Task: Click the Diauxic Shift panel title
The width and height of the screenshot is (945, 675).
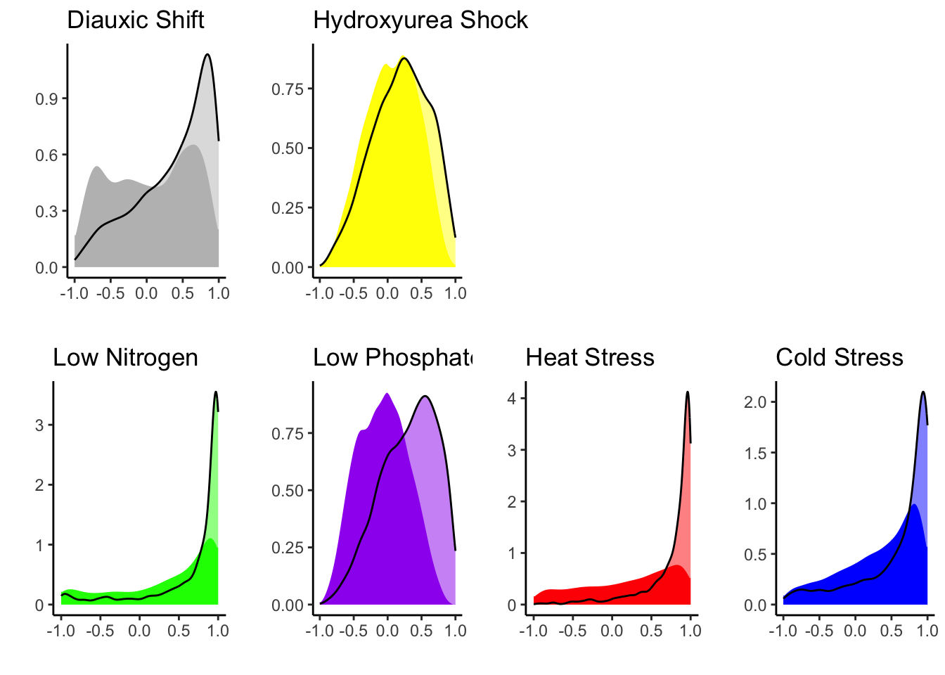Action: tap(136, 20)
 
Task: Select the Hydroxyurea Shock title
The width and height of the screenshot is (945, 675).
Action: tap(420, 20)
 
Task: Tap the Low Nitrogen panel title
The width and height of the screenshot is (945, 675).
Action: tap(125, 358)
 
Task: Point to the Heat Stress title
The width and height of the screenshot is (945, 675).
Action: tap(590, 358)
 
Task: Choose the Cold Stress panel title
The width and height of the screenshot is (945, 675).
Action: tap(839, 358)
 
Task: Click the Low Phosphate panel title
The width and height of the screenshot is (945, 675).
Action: tap(392, 358)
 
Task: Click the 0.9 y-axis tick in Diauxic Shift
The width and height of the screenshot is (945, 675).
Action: tap(46, 99)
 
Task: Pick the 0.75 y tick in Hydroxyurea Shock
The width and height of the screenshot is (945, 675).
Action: tap(288, 89)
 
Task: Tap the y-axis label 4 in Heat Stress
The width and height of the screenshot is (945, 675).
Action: tap(512, 399)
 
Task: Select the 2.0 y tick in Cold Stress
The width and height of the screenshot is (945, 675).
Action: tap(755, 402)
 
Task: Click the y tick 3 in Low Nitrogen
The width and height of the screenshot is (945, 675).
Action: tap(39, 425)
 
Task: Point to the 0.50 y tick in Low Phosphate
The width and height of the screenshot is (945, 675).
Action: tap(288, 491)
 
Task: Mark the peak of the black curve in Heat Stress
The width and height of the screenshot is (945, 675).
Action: tap(688, 392)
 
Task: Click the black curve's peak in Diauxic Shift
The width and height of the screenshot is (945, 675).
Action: tap(207, 54)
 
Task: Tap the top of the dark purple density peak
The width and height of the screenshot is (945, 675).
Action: tap(387, 394)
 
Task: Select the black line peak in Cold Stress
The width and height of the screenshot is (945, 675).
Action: tap(923, 392)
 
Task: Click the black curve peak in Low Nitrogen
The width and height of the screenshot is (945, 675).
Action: tap(216, 392)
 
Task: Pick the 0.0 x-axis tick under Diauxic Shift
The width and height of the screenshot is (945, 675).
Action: tap(146, 293)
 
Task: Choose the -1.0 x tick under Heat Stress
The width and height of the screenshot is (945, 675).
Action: tap(533, 631)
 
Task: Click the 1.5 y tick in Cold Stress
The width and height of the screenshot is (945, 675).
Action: tap(755, 454)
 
